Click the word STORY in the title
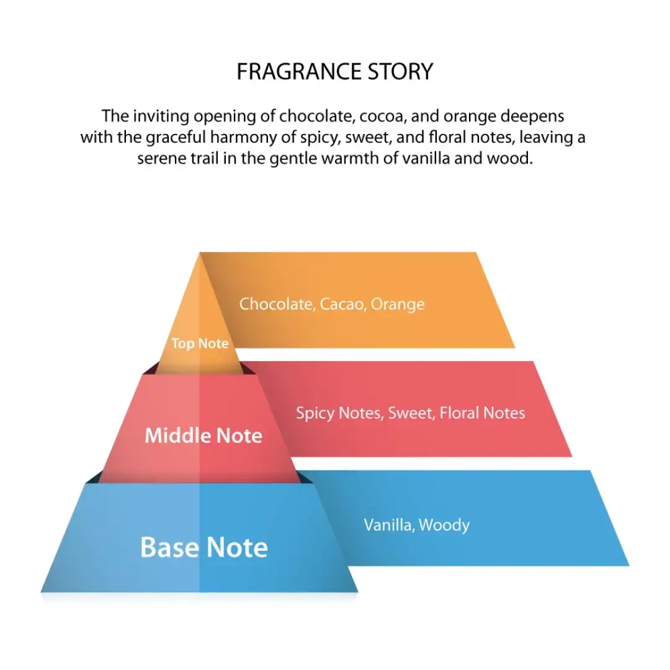400,71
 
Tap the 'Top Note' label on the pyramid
200,344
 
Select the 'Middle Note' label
203,435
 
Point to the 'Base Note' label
204,547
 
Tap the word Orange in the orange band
398,305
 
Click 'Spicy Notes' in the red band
340,413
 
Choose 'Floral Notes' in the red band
483,413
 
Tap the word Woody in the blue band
444,525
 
